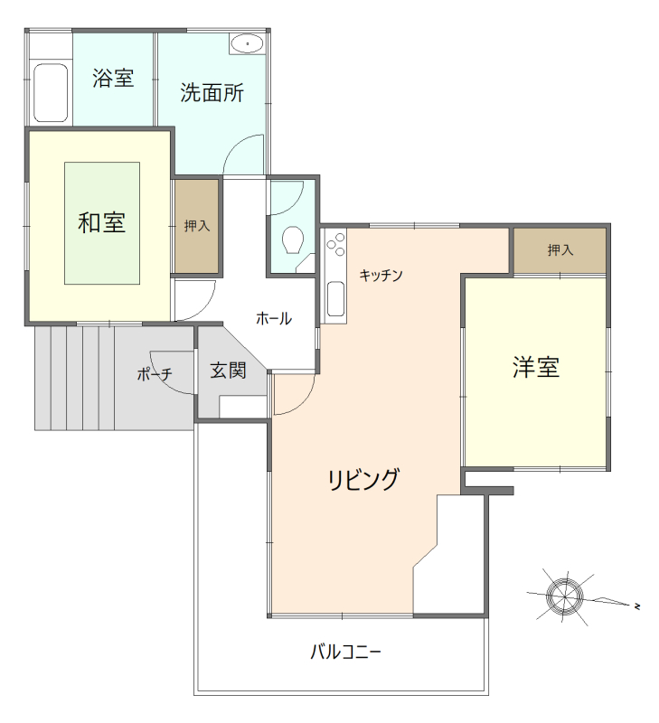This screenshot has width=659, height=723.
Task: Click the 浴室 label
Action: (x=113, y=79)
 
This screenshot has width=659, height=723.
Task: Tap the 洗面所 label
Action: (x=212, y=93)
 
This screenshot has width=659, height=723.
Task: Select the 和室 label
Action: (x=101, y=222)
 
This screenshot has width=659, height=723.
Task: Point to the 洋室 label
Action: (x=536, y=367)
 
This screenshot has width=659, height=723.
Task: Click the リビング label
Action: (x=363, y=480)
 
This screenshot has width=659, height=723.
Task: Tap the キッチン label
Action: (x=381, y=275)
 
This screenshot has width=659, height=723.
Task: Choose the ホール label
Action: (x=273, y=318)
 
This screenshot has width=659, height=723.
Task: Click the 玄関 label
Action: (x=229, y=371)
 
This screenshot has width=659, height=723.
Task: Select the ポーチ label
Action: (x=155, y=374)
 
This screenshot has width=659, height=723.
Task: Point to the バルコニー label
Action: (x=345, y=651)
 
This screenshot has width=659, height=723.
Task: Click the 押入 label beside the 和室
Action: (x=197, y=226)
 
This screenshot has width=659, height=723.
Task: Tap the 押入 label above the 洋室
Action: (x=560, y=249)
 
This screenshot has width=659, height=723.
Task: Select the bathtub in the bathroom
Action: (x=51, y=92)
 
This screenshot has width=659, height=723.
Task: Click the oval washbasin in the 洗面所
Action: (x=247, y=42)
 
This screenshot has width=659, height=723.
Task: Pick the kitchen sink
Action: (x=335, y=298)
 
